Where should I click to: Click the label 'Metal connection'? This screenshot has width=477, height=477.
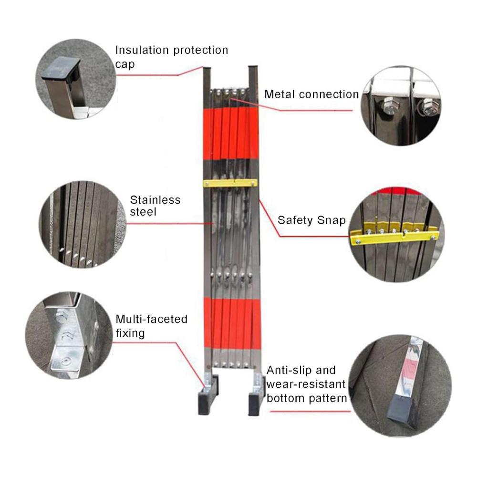(x=311, y=94)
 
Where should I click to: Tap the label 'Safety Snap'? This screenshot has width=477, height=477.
(x=311, y=220)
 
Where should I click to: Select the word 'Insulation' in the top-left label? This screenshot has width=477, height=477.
(x=142, y=50)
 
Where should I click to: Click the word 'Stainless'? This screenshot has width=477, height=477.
(x=155, y=200)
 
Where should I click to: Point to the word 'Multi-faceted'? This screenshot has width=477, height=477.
(x=152, y=319)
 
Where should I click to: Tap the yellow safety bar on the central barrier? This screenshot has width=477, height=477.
(x=230, y=183)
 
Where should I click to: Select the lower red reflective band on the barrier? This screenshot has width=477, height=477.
(x=232, y=323)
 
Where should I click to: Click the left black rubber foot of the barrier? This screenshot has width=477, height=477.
(x=208, y=395)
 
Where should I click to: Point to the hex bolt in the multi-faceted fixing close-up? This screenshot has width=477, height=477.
(x=62, y=316)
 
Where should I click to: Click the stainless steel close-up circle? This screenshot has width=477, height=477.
(x=83, y=224)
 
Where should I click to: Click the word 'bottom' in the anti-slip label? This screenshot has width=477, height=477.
(x=285, y=398)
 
